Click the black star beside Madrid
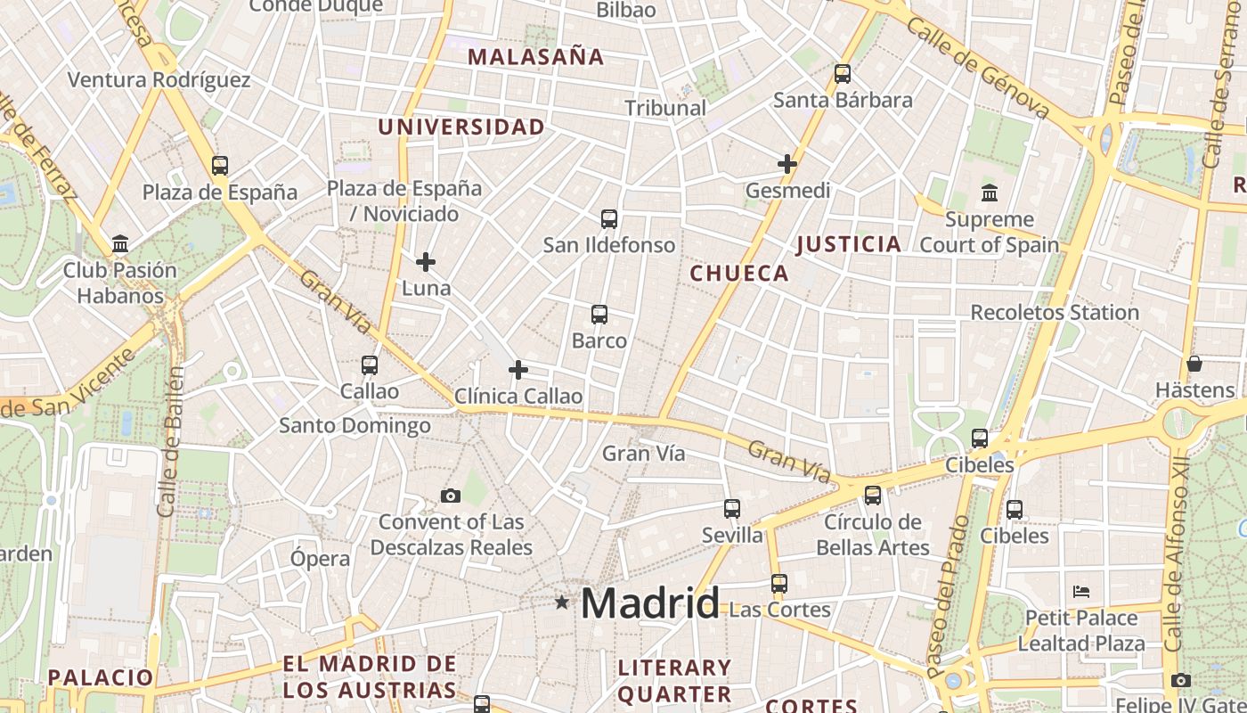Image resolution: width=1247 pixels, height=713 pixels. point(561,602)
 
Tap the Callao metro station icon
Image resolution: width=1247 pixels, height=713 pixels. point(370,365)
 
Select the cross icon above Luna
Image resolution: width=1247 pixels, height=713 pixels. point(426,262)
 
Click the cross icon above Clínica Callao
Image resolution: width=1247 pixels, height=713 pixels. point(518,370)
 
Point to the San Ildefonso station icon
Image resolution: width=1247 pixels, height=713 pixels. point(609,218)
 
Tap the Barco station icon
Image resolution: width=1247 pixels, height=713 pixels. point(599,314)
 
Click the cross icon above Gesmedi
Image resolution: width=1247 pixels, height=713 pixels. point(787,164)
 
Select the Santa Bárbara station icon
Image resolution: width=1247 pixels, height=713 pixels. point(843,74)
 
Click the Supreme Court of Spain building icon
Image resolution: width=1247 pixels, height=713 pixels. point(990,193)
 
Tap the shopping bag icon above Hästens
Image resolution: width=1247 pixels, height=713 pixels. point(1194,364)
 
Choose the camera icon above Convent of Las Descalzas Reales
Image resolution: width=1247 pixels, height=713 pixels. point(451,496)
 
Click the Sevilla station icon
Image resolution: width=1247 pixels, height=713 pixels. point(732,509)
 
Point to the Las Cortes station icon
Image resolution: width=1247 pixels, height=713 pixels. point(779,584)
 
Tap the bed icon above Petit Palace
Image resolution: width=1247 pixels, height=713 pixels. point(1081,591)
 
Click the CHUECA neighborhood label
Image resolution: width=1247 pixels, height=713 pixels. point(739,274)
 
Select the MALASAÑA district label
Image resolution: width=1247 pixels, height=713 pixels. point(536,57)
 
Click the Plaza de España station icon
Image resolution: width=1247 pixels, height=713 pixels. point(220,165)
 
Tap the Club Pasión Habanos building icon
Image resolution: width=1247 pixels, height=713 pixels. point(120,243)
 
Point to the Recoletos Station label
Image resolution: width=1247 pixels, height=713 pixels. point(1055,313)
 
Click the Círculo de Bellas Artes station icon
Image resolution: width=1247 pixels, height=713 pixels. point(873,495)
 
